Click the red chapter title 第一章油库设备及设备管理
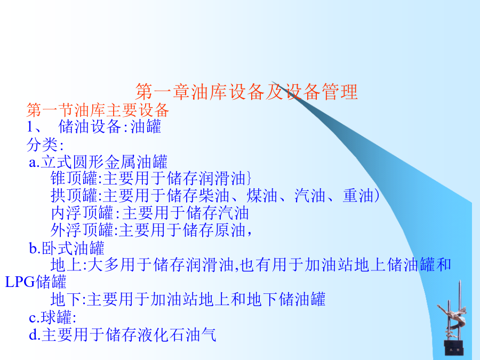246,92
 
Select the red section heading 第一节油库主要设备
98,110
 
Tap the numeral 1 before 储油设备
30,127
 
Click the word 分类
42,144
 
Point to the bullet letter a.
33,163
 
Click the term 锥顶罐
74,178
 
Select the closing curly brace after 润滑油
249,179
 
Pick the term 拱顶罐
74,196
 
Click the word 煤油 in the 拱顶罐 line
262,196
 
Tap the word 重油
358,196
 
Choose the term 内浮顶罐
82,213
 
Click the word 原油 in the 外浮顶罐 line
229,230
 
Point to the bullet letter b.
33,247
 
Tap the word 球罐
57,317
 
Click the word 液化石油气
177,334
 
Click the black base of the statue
454,348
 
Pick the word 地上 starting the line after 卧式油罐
66,265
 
